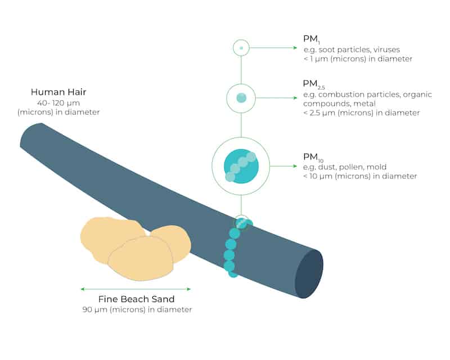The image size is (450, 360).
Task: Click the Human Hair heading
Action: pyautogui.click(x=58, y=92)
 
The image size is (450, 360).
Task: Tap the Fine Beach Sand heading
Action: pyautogui.click(x=136, y=299)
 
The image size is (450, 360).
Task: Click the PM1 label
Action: pyautogui.click(x=312, y=39)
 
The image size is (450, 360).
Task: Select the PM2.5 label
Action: pyautogui.click(x=314, y=84)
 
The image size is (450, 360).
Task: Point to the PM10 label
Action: pyautogui.click(x=313, y=157)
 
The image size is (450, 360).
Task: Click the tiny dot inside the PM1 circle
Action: pyautogui.click(x=241, y=48)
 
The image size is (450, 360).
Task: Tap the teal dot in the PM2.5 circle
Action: pyautogui.click(x=241, y=98)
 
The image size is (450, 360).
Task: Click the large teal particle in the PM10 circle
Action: pyautogui.click(x=241, y=166)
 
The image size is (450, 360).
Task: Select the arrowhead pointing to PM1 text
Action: pyautogui.click(x=295, y=48)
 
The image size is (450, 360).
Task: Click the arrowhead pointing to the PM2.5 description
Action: pyautogui.click(x=295, y=98)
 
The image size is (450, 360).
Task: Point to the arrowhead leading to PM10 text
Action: pyautogui.click(x=295, y=166)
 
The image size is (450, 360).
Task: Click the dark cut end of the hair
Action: pyautogui.click(x=309, y=274)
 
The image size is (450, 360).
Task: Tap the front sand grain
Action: pyautogui.click(x=141, y=258)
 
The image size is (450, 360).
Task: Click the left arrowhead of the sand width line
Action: pyautogui.click(x=83, y=289)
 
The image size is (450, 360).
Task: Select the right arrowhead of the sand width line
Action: pyautogui.click(x=188, y=289)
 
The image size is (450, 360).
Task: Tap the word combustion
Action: pyautogui.click(x=341, y=94)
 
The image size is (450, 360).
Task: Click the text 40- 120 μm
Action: pyautogui.click(x=58, y=103)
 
